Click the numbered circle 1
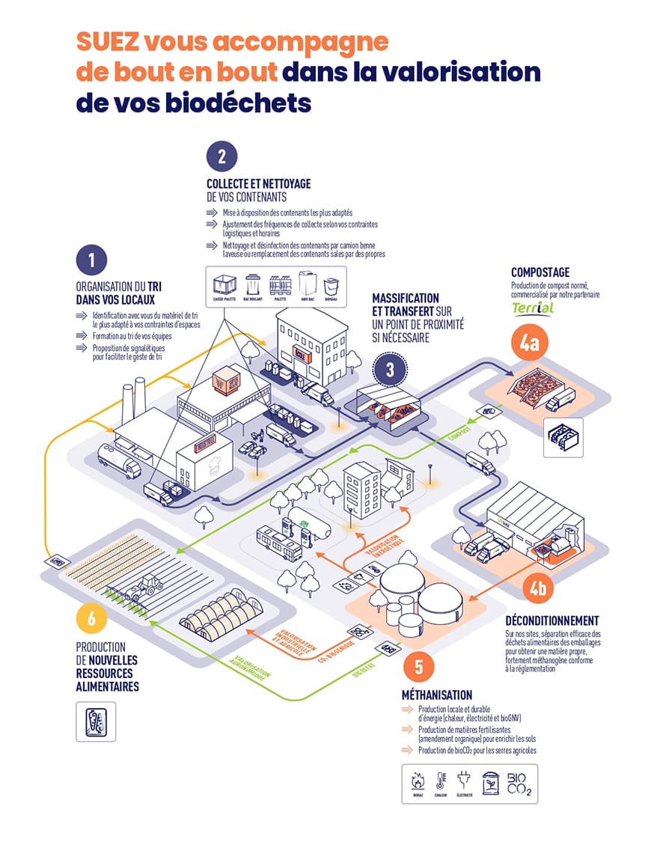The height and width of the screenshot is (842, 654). click(93, 262)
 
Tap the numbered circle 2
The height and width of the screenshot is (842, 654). click(222, 157)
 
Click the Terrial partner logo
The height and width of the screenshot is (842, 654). click(533, 309)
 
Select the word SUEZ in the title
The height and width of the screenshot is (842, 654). click(111, 42)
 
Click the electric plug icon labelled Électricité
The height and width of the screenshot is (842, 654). click(466, 782)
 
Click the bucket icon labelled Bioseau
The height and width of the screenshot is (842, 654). click(330, 287)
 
